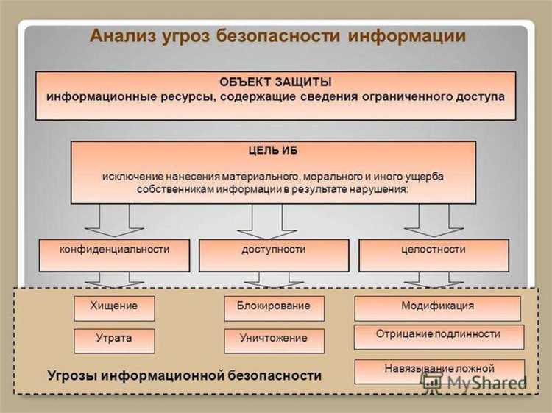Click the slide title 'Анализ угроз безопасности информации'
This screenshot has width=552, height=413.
click(277, 36)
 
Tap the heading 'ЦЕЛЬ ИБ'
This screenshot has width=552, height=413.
click(273, 150)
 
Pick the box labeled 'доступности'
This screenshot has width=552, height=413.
click(273, 250)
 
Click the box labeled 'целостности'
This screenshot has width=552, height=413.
click(433, 250)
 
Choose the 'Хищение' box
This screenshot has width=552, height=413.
click(114, 306)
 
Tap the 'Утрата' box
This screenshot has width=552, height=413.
click(114, 339)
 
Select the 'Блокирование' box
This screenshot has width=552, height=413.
click(273, 306)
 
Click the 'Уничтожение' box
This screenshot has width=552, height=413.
click(273, 339)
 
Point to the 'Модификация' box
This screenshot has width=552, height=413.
click(437, 306)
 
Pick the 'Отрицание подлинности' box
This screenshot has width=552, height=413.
click(439, 335)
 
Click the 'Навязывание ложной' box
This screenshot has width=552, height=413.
click(439, 369)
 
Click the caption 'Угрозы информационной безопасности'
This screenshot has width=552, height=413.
click(184, 375)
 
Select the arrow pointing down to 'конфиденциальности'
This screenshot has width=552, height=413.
click(115, 219)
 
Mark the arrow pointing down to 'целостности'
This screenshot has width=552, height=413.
click(433, 219)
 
